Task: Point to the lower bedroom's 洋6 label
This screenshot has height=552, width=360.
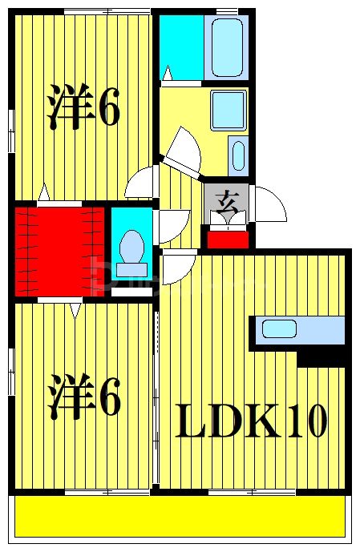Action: [83, 397]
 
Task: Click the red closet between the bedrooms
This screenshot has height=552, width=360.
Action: [59, 250]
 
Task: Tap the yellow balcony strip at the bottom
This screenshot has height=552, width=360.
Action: [180, 515]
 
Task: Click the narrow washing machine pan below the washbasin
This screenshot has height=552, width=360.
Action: [237, 155]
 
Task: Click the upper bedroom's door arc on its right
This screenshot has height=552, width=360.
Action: [141, 181]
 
